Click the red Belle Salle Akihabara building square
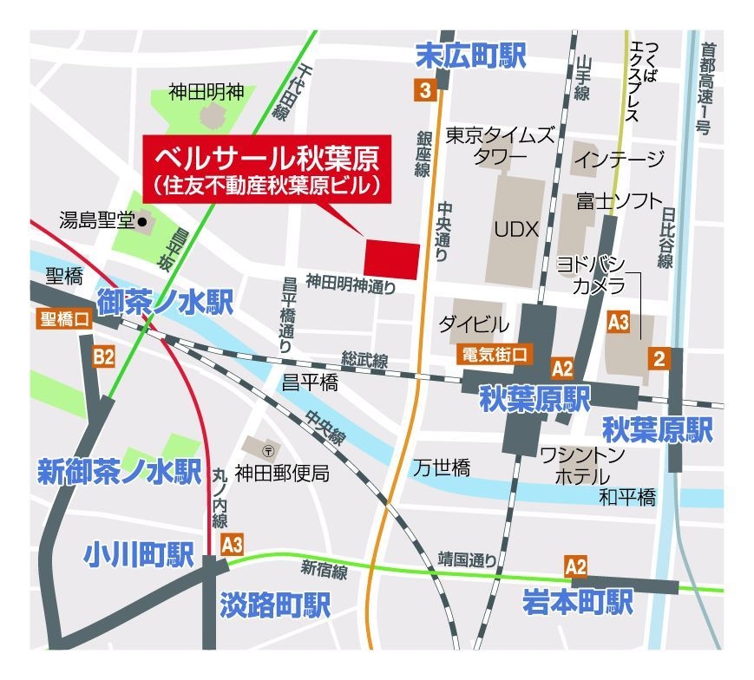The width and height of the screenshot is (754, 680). coord(391,258)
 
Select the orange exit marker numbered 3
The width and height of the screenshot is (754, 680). coord(423,89)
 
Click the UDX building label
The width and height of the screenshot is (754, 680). coord(517,229)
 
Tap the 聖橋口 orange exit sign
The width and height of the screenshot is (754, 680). coord(64,318)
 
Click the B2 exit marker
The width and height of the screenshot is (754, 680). coord(104,356)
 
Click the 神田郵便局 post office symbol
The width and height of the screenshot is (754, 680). coord(270,450)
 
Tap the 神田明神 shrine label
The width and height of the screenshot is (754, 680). coord(207,91)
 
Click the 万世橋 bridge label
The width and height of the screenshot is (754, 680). coord(441,468)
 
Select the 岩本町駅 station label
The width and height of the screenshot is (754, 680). coord(577,601)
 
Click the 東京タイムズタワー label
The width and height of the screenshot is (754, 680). coord(499,146)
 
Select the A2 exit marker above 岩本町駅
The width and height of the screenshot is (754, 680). coord(575,566)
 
